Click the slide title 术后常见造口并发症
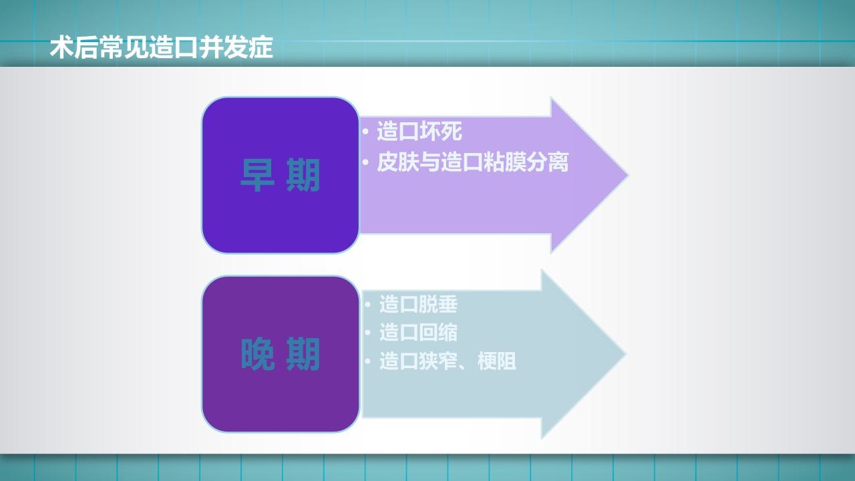(162, 48)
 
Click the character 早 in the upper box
(256, 176)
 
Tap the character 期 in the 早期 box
(304, 176)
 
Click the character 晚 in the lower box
(257, 355)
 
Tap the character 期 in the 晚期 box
(304, 355)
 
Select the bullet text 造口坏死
(419, 131)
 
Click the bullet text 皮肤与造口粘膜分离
(472, 162)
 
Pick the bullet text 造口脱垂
(418, 304)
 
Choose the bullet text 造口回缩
(418, 332)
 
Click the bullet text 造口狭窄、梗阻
(448, 361)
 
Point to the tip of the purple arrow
(627, 175)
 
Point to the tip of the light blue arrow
(624, 354)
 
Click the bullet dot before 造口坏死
(365, 131)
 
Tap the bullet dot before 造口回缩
(367, 332)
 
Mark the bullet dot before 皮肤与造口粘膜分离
(365, 162)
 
